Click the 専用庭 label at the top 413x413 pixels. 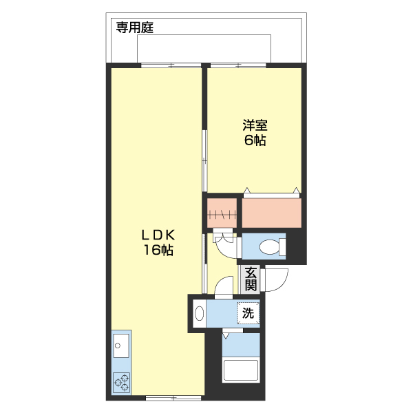(134, 28)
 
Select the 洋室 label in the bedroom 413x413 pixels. (255, 126)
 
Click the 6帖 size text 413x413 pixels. (255, 141)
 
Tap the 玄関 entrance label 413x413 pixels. (251, 278)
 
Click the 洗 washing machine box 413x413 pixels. (248, 313)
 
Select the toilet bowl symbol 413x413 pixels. (272, 246)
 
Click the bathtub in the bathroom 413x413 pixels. (240, 372)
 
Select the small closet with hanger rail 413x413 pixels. (222, 213)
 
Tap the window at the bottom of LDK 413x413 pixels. (173, 398)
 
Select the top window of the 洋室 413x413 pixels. (239, 65)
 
